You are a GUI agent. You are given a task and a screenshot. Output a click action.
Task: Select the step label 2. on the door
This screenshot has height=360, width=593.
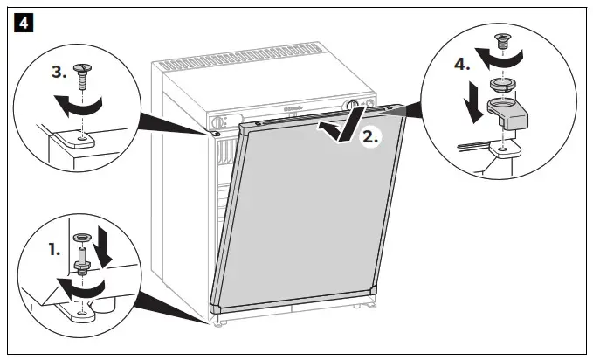[370, 136]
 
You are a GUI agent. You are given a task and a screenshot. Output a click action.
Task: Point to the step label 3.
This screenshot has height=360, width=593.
[59, 74]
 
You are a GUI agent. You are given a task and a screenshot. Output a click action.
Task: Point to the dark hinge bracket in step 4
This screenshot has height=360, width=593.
[514, 113]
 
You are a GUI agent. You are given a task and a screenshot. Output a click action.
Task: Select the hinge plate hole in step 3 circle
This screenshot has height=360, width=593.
[81, 137]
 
